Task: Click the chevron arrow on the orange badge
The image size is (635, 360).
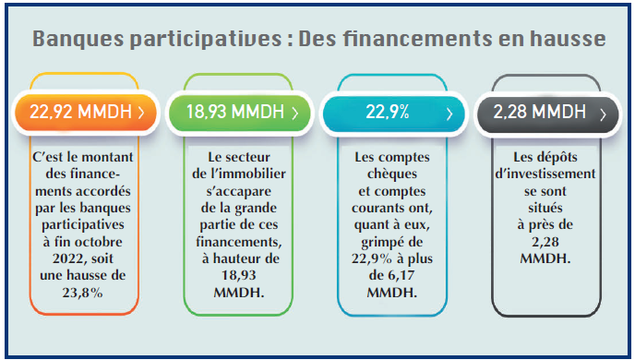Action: click(141, 114)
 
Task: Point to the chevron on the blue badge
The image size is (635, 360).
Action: click(449, 114)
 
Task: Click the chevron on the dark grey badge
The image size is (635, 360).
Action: click(603, 114)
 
